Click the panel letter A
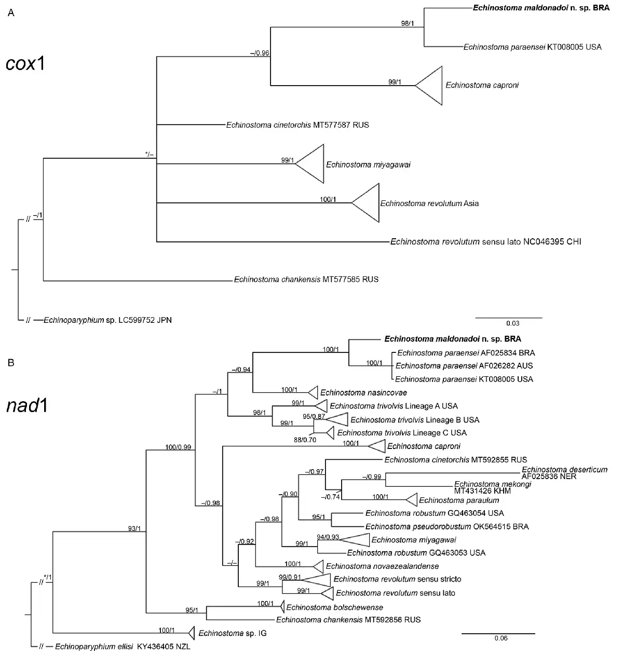[11, 12]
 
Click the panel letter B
[11, 362]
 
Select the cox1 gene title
[25, 63]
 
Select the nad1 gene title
[27, 406]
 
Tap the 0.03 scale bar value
[512, 323]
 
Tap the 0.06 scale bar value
[501, 638]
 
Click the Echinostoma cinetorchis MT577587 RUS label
[297, 125]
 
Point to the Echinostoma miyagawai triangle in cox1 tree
[309, 163]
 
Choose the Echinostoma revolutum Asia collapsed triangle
[365, 202]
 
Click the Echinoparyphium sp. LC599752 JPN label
[107, 320]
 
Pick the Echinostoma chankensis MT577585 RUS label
[306, 279]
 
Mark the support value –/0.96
[260, 53]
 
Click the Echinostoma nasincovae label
[363, 392]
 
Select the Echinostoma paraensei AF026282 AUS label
[464, 366]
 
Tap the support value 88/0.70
[305, 440]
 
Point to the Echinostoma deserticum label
[564, 473]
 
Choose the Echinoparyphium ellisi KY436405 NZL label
[123, 647]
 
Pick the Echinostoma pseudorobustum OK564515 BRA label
[448, 526]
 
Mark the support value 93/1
[134, 528]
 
